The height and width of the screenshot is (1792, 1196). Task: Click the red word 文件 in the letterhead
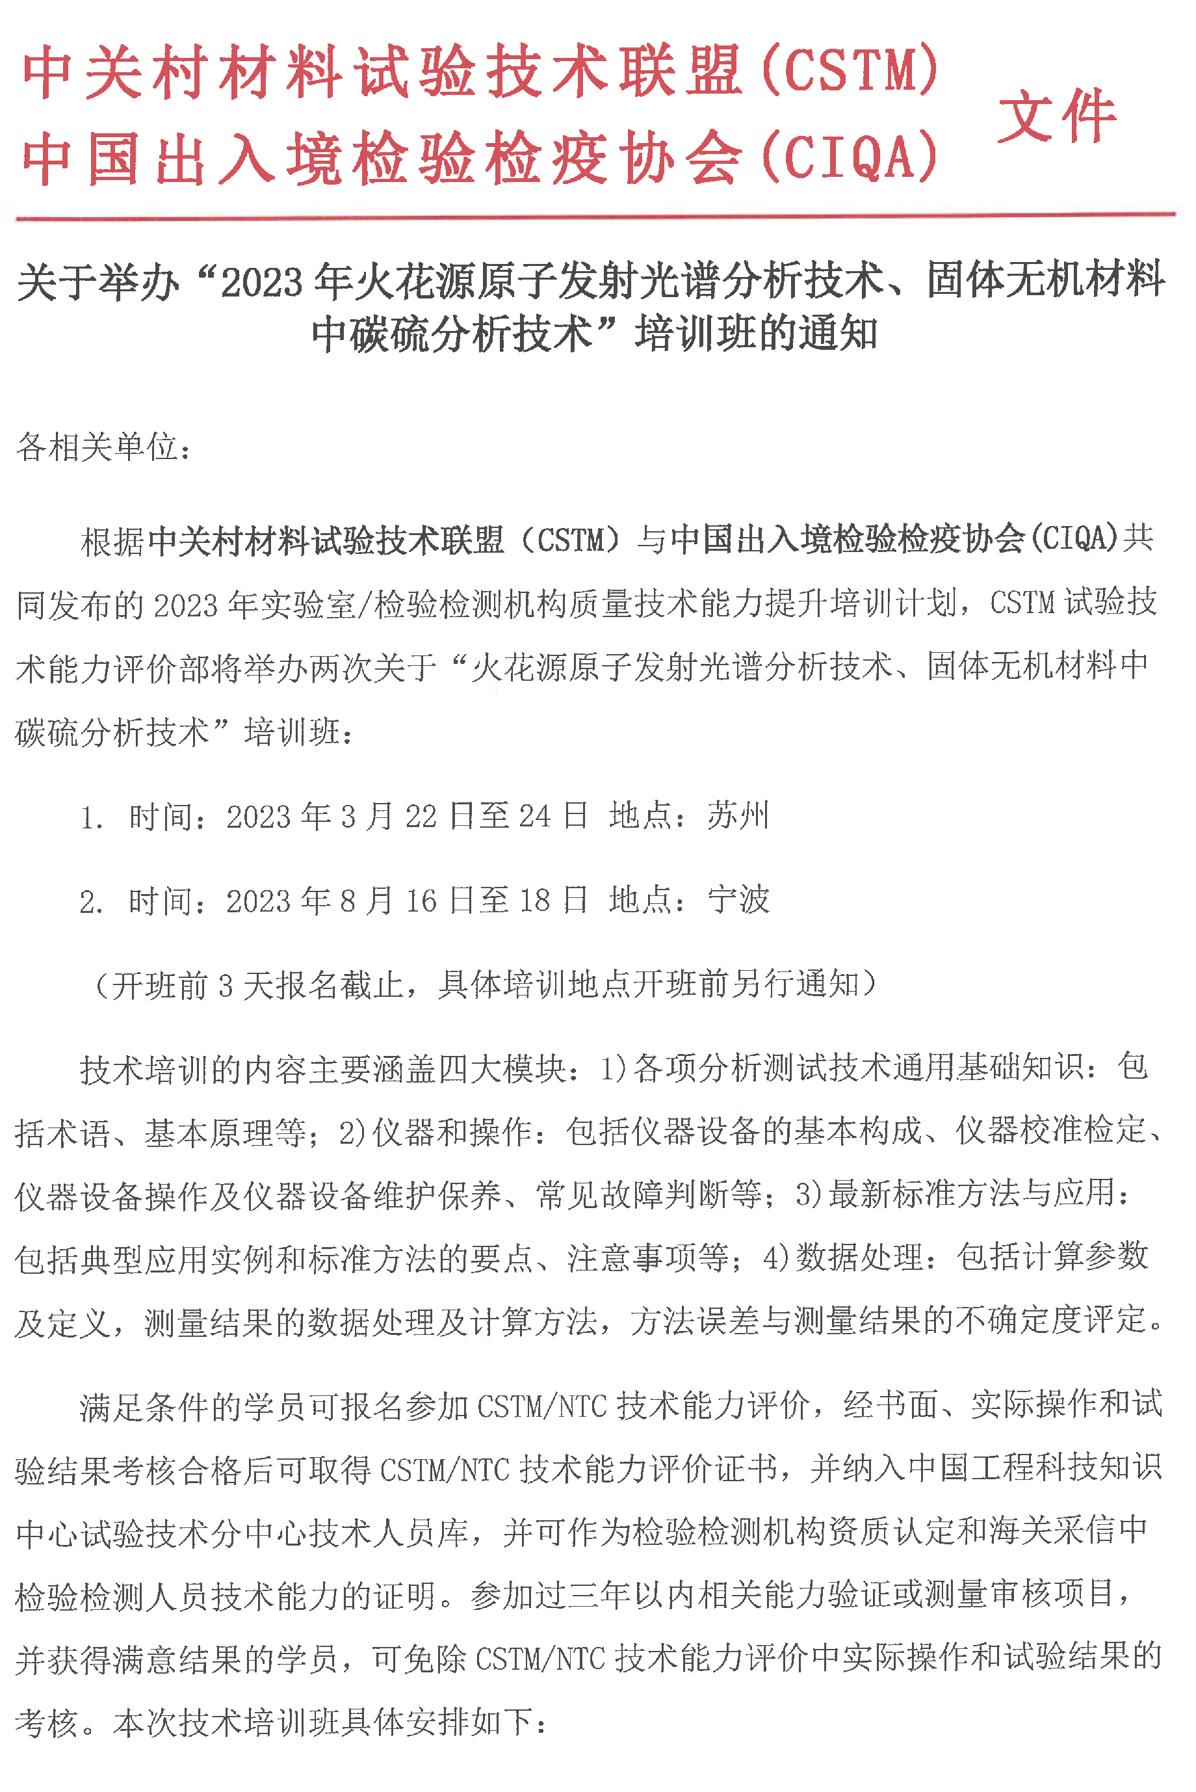1056,116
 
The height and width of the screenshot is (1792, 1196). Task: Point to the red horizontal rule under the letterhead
595,217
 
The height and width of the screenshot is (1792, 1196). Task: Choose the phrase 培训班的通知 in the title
756,334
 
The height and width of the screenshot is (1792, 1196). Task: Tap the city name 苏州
738,815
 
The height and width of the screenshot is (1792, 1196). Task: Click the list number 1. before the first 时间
91,819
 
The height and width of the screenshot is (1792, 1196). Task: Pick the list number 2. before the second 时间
91,903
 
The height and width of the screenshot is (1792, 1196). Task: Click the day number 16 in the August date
421,902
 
